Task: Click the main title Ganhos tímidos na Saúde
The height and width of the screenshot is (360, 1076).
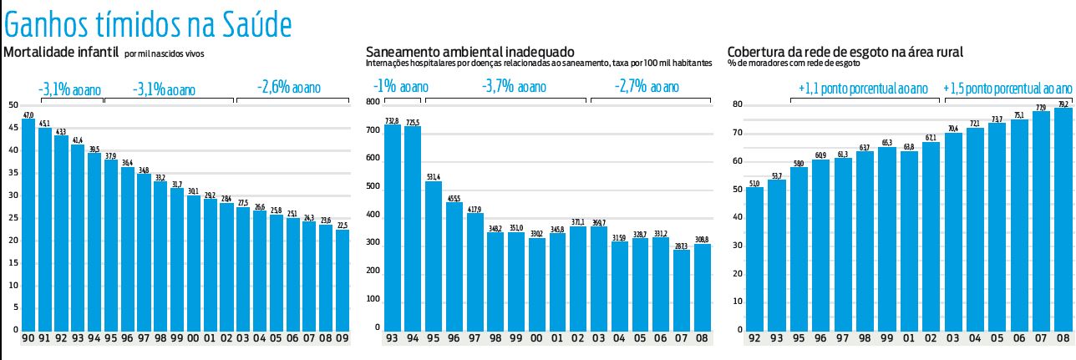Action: tap(148, 24)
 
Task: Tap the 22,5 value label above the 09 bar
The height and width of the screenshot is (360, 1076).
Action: tap(342, 224)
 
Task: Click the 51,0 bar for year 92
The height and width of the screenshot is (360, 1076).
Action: tap(754, 258)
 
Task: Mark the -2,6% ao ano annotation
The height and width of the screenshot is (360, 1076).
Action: tap(288, 88)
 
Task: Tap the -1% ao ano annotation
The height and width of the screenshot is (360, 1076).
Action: tap(400, 87)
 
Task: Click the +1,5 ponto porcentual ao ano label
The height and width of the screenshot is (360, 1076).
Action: tap(1007, 88)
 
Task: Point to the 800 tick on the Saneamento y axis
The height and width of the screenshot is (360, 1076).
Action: tap(373, 102)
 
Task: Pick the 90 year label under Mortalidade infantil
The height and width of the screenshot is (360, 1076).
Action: tap(28, 339)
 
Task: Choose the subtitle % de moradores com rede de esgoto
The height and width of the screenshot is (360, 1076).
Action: tap(794, 63)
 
